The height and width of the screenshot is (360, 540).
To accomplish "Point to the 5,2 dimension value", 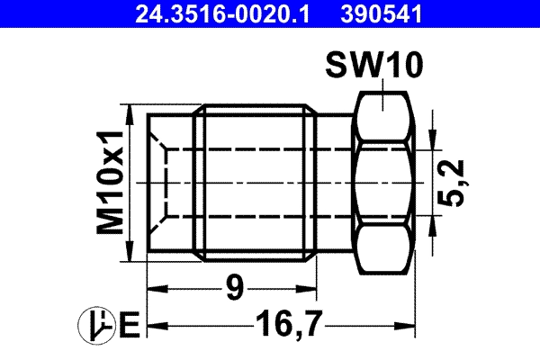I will click(456, 184).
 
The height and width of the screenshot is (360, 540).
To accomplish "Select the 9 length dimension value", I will click(234, 289).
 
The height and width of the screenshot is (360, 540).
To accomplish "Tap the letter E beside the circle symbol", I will click(128, 324).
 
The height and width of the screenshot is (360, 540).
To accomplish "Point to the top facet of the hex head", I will click(383, 113).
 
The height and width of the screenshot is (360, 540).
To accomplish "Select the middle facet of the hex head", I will click(383, 184).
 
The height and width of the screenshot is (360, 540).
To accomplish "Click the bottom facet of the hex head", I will click(383, 252).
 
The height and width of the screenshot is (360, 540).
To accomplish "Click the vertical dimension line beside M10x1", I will click(132, 184).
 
